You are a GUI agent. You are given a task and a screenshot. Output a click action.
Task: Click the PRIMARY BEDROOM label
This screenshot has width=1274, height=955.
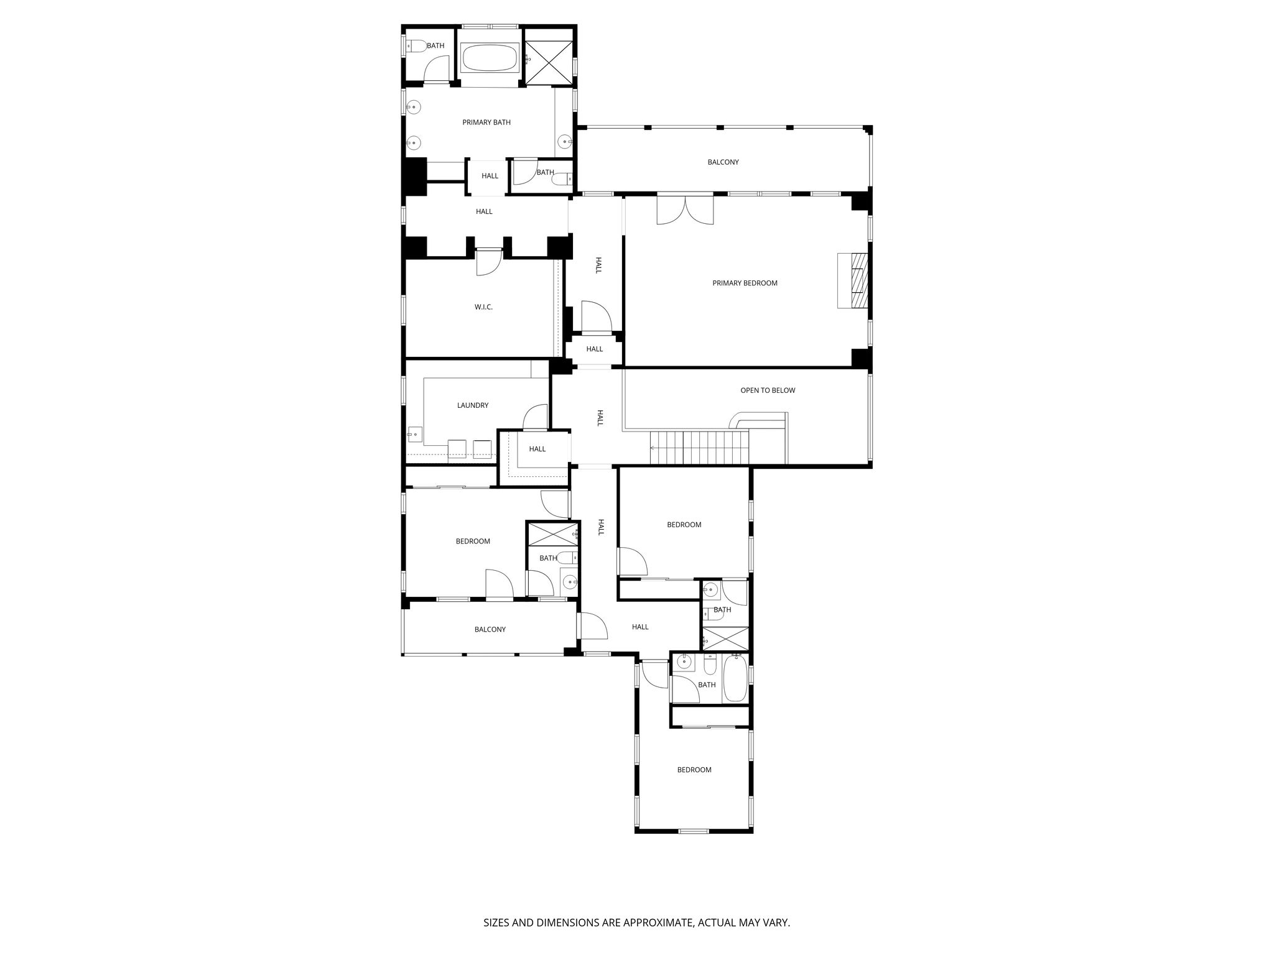745,284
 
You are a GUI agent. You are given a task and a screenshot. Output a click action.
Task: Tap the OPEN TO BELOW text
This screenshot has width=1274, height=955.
768,390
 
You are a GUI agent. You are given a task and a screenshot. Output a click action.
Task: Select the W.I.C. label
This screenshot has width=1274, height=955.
483,307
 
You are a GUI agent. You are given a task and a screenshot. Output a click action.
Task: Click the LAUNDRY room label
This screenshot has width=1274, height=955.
473,405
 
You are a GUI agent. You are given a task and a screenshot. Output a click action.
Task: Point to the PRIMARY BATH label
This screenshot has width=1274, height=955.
486,122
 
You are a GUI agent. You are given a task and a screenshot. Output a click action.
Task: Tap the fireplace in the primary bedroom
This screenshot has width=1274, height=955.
852,280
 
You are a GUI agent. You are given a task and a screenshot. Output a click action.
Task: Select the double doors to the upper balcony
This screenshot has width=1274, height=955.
685,210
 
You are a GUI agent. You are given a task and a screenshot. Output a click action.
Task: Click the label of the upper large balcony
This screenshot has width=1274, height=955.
723,162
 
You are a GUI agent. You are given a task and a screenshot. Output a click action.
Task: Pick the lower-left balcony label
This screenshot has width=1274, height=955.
490,630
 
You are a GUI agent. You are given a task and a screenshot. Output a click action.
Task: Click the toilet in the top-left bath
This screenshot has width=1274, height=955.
416,45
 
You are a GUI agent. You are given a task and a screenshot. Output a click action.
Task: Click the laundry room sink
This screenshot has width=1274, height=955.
414,433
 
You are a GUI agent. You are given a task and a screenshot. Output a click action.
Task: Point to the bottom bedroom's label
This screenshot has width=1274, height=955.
694,770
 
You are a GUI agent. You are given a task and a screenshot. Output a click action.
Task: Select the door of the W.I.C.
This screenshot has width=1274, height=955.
488,262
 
